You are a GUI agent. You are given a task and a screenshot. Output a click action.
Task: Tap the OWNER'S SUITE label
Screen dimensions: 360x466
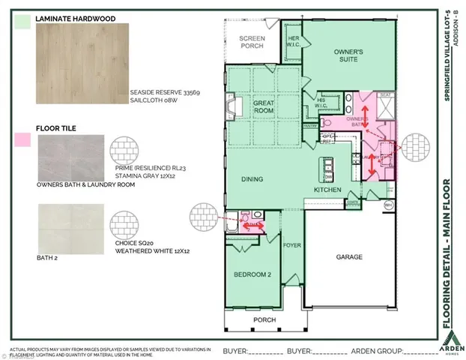pos(348,56)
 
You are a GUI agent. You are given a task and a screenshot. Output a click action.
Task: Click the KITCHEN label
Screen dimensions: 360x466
pos(327,190)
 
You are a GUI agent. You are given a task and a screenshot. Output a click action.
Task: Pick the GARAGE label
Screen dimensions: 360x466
pos(348,257)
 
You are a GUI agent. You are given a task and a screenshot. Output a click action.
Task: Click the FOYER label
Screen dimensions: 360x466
pos(291,244)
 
